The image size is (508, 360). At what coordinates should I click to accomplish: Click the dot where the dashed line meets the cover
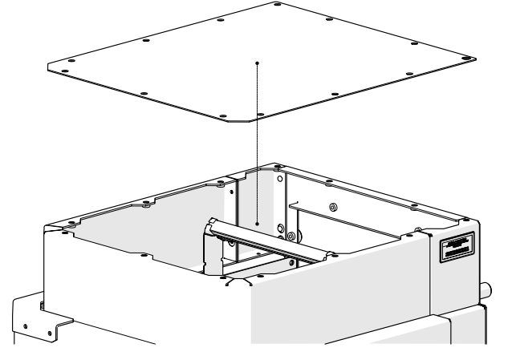point(257,63)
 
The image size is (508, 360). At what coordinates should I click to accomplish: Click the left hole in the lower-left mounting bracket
point(25,327)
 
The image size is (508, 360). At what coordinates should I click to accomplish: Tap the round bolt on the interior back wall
point(332,208)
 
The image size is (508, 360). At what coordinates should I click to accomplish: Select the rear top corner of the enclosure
point(277,163)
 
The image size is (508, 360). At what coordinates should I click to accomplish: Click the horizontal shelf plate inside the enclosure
point(345,225)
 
